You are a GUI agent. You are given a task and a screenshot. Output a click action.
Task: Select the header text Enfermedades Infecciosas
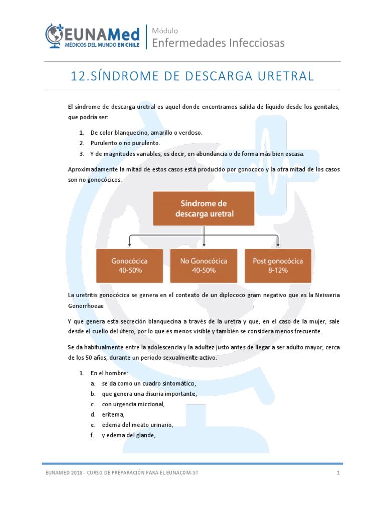pos(218,43)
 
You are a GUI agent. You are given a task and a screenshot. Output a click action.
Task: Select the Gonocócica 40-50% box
pos(129,265)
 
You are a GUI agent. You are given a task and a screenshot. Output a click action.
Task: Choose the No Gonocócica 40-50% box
pos(204,265)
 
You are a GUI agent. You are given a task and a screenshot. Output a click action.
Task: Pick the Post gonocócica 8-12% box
pos(278,265)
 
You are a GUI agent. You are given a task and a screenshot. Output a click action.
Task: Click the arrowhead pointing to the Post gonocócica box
pos(278,245)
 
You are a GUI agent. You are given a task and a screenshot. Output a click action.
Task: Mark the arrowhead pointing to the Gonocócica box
pos(130,245)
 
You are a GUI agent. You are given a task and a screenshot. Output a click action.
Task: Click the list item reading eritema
pos(113,414)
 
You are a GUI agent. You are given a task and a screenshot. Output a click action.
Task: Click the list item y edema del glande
pos(129,435)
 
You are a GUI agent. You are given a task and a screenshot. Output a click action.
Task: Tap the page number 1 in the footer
pos(338,473)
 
